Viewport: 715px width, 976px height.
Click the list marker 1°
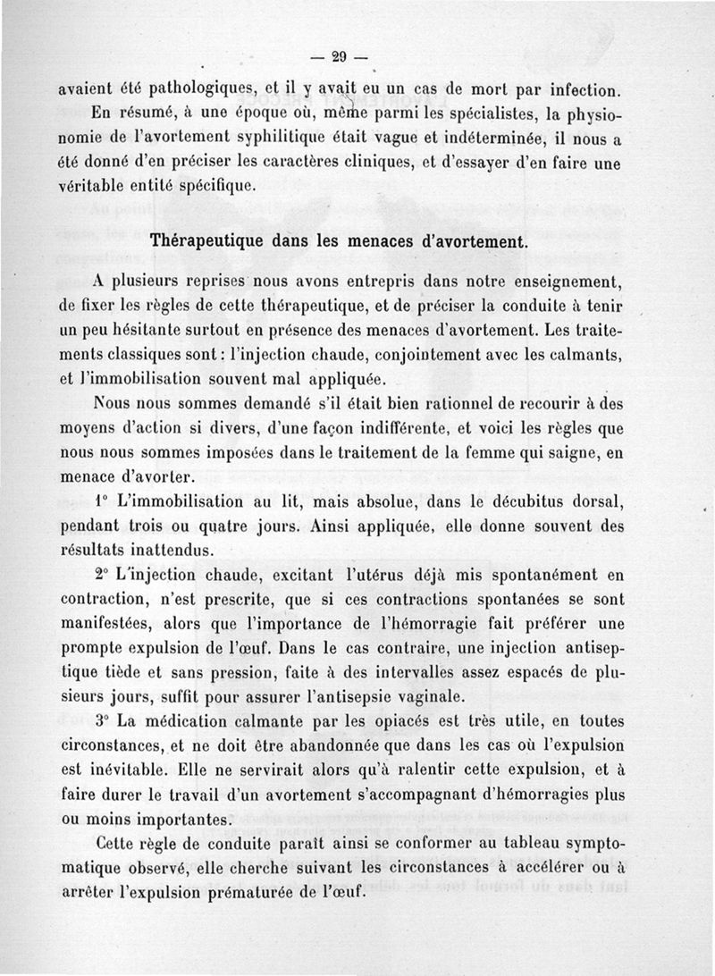(x=101, y=502)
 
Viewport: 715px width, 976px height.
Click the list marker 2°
(x=101, y=575)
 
